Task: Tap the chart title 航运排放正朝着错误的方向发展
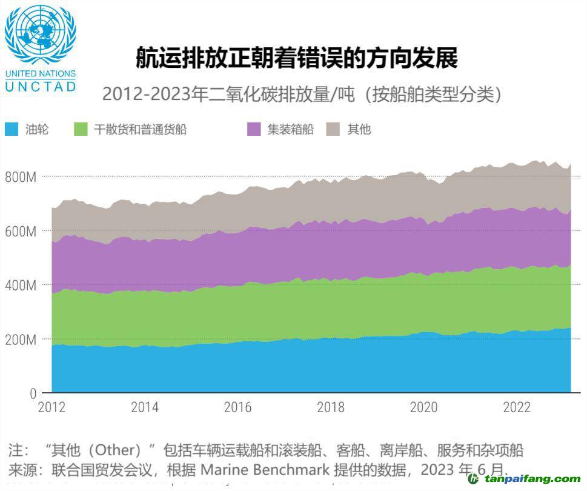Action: click(x=296, y=59)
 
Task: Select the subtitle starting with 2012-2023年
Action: click(x=302, y=95)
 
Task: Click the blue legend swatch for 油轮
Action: click(x=12, y=129)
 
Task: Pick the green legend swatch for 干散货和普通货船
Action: click(x=81, y=129)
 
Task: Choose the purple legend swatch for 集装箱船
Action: click(x=254, y=129)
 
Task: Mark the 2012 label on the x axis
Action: click(x=52, y=407)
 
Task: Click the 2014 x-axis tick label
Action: click(x=145, y=407)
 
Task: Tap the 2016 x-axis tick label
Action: click(x=238, y=407)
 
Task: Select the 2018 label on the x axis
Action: click(x=331, y=407)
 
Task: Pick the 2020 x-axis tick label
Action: click(x=424, y=407)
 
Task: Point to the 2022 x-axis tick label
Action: click(x=517, y=407)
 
